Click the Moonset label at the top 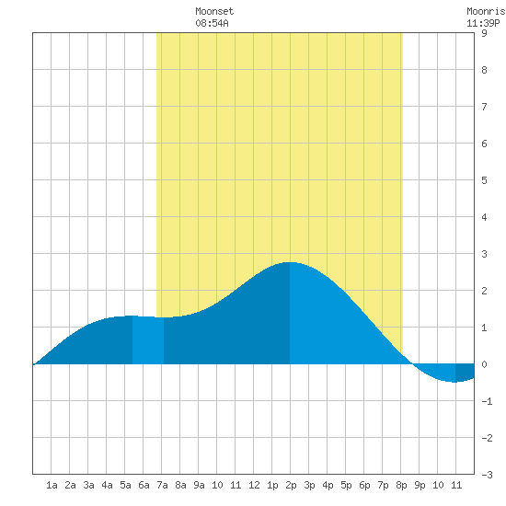click(214, 11)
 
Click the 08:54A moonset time click(212, 23)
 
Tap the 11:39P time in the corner click(483, 23)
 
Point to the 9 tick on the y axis click(484, 33)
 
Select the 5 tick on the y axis click(484, 180)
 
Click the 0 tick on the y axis click(484, 364)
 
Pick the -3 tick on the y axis click(487, 475)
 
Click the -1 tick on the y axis click(487, 401)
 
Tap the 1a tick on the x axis click(52, 485)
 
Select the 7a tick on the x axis click(162, 485)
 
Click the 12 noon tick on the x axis click(254, 485)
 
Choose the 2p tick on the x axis click(291, 485)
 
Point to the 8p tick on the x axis click(401, 485)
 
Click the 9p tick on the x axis click(420, 485)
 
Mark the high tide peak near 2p click(290, 262)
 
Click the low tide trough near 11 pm click(454, 382)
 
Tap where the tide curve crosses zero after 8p click(412, 364)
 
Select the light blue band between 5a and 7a click(148, 340)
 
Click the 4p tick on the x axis click(328, 485)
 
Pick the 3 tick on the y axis click(484, 254)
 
